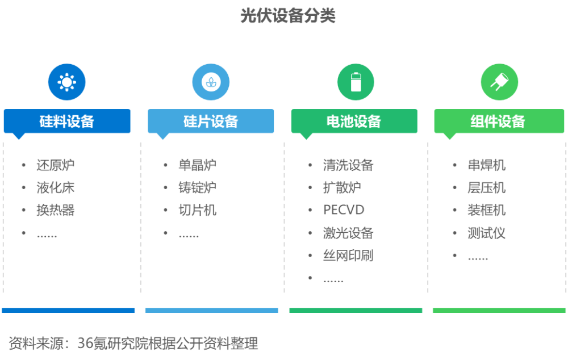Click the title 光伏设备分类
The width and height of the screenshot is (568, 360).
pos(288,16)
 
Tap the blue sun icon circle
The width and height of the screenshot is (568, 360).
pos(67,82)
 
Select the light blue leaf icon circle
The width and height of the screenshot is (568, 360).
pos(211,82)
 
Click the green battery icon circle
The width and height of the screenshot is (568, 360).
pos(356,82)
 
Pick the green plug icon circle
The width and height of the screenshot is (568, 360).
pos(499,82)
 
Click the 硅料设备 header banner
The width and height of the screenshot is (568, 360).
pos(67,122)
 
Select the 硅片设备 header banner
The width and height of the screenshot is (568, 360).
pos(211,122)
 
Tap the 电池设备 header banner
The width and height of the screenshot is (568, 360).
pos(354,122)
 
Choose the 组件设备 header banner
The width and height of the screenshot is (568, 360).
pos(499,122)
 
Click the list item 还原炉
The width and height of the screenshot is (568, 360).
pos(56,165)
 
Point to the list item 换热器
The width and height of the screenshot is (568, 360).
pos(56,210)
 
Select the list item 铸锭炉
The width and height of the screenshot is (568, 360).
pos(198,187)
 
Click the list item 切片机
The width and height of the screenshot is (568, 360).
pos(198,210)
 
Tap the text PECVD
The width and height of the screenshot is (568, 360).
pos(344,210)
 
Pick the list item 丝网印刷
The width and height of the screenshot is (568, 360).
pos(348,256)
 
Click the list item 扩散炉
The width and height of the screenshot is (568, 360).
pos(342,187)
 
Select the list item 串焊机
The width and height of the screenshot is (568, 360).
pos(487,165)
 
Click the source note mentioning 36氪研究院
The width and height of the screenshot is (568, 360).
pos(133,344)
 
